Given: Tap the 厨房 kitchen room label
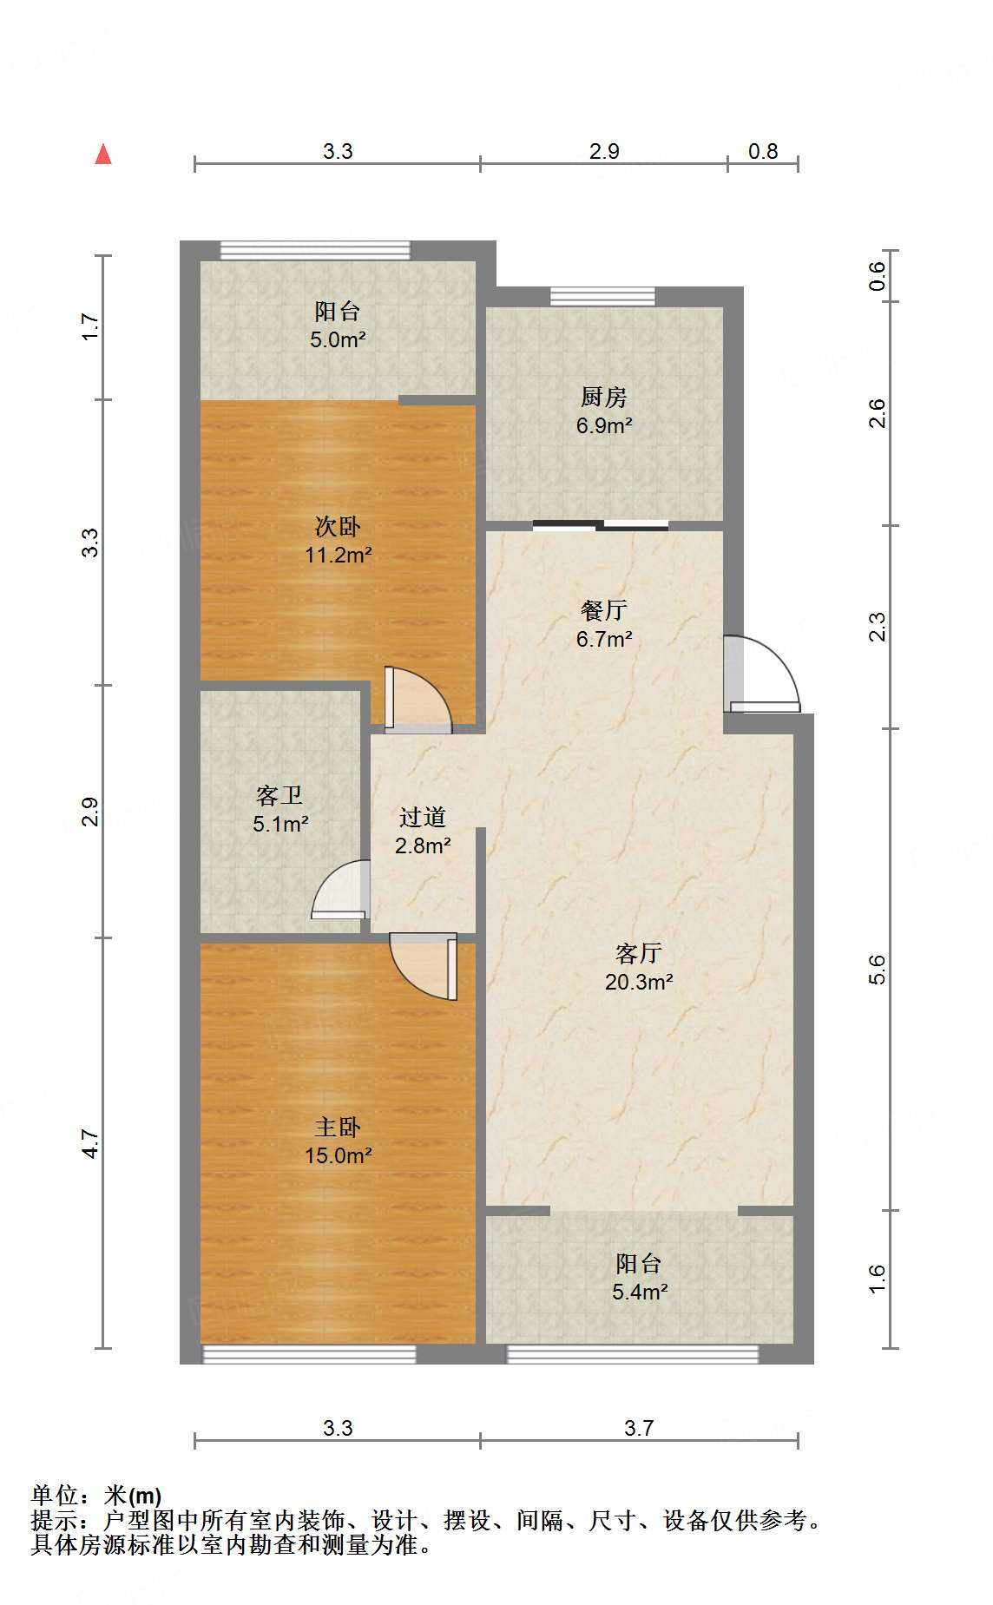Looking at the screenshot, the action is (604, 398).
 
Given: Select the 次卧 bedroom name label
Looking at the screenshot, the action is (338, 526).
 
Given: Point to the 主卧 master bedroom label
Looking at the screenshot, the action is (338, 1128).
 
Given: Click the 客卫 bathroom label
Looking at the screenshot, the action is (279, 795).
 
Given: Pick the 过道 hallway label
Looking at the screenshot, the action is (423, 817).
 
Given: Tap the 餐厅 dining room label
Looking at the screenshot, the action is (604, 611).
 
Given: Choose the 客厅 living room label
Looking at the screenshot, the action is (639, 954).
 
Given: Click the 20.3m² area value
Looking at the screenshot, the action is (640, 982).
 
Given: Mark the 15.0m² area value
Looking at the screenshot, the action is (339, 1155).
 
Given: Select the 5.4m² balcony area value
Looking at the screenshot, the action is (640, 1292).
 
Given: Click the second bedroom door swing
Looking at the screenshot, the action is (419, 699).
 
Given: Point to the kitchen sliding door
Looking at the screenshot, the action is (601, 524).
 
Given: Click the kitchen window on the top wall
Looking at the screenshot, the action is (603, 296).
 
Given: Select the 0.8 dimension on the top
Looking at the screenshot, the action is (763, 151).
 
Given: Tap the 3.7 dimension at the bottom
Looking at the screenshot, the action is (639, 1427).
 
